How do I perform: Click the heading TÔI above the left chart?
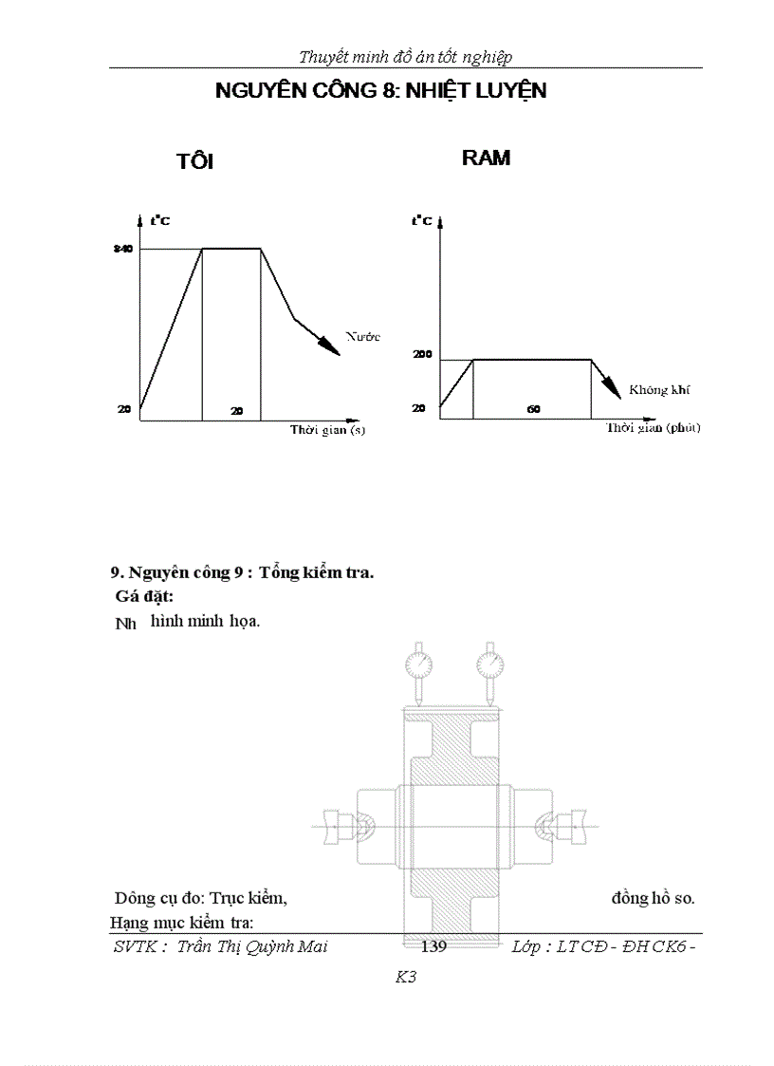pos(194,161)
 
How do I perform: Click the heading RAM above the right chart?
pos(486,159)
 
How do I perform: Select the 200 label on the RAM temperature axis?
pos(422,354)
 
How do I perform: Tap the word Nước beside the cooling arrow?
pos(362,336)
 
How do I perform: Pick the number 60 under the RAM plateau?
pos(533,408)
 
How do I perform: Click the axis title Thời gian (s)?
pos(327,430)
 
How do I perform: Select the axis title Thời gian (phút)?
pos(653,428)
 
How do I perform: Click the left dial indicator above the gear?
pos(415,659)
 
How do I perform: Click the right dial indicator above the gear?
pos(488,659)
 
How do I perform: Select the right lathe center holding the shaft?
pos(563,827)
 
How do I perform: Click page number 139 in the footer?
pos(433,946)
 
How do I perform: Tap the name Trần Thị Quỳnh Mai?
pos(252,946)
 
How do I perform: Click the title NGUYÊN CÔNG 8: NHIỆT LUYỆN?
pos(381,92)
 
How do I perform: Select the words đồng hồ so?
pos(653,897)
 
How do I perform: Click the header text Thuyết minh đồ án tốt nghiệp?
pos(405,57)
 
